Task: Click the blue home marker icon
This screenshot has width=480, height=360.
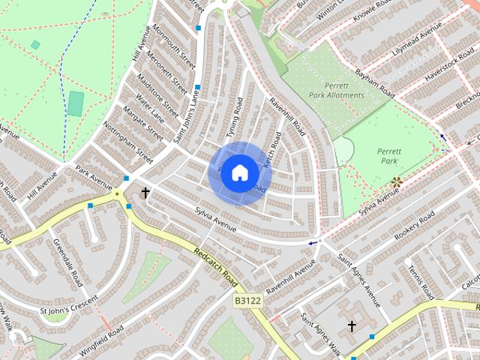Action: coord(239,172)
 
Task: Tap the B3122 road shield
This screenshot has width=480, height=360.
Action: coord(247,301)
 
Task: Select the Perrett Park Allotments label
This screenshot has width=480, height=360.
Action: coord(335,91)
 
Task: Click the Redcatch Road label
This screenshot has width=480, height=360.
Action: coord(215,269)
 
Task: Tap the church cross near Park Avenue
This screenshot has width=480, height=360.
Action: coord(145,193)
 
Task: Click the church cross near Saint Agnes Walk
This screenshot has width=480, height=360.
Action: coord(352,326)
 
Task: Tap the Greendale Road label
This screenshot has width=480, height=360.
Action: coord(68,263)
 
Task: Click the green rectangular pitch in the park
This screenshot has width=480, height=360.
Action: coord(76,103)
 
